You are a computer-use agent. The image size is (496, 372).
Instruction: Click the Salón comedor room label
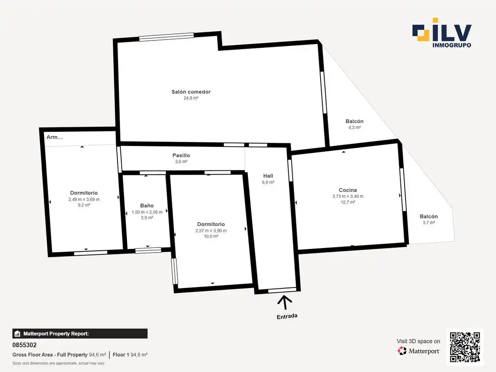(x=191, y=92)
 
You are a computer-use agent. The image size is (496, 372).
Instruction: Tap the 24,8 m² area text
(x=191, y=98)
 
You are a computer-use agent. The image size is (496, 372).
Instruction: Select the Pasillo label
(x=181, y=155)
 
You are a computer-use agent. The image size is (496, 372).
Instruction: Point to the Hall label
(x=268, y=176)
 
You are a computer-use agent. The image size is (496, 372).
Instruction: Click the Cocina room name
(x=348, y=190)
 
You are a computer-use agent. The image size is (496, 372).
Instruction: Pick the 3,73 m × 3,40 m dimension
(x=348, y=196)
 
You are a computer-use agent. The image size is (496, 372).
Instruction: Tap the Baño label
(x=147, y=206)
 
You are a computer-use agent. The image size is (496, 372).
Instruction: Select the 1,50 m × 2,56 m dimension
(x=147, y=212)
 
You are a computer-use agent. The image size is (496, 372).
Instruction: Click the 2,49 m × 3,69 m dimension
(x=84, y=199)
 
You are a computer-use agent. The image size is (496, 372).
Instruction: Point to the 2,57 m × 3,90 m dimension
(x=211, y=231)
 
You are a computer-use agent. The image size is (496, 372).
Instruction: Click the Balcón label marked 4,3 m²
(x=355, y=121)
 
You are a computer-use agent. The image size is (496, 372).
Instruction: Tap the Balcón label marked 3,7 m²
(x=429, y=216)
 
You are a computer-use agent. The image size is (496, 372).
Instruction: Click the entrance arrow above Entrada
(x=285, y=302)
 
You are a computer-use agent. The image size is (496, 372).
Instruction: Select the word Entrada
(x=287, y=316)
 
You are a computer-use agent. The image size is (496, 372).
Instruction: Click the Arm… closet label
(x=55, y=137)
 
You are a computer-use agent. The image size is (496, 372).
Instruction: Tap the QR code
(x=465, y=347)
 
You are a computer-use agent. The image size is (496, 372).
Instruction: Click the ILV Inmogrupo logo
(x=442, y=33)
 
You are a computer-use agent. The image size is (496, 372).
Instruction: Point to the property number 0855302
(x=25, y=345)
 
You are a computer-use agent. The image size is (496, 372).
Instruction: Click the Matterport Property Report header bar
(x=80, y=334)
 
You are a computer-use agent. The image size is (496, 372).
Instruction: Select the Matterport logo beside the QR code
(x=419, y=351)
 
